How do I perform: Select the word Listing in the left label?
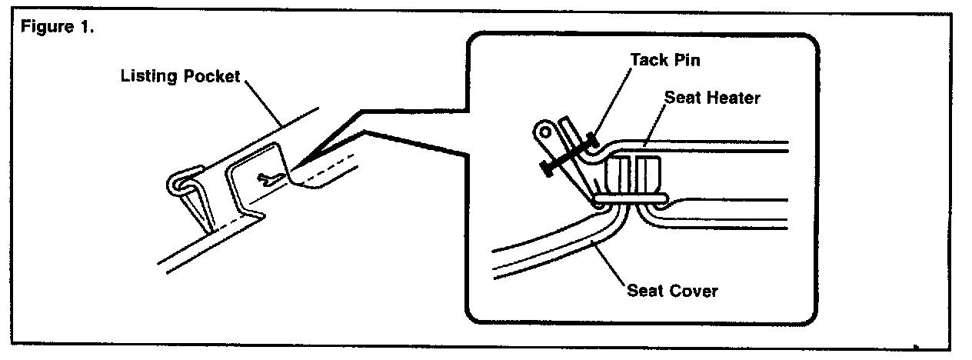[x=145, y=77]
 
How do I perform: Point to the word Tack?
[x=646, y=59]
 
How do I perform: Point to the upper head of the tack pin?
[x=592, y=138]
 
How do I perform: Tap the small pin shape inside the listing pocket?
[x=268, y=178]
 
